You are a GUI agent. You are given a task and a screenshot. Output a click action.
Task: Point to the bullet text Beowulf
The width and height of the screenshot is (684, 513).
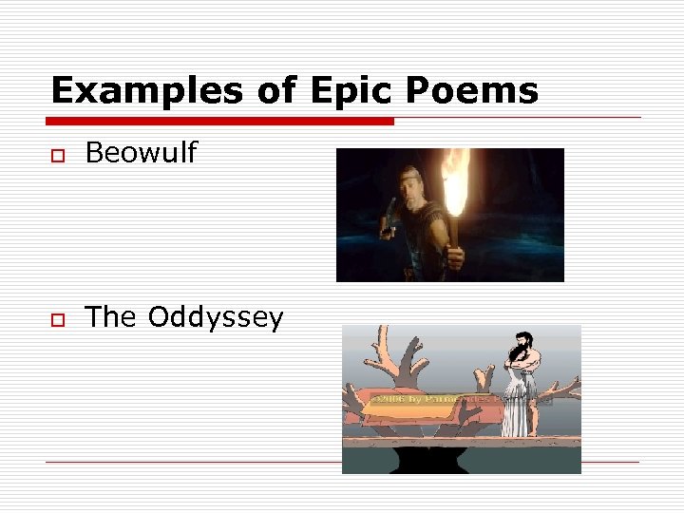141,153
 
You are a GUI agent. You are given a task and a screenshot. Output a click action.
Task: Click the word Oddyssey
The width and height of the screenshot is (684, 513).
216,317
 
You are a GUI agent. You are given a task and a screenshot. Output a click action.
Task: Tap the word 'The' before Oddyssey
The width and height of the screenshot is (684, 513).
111,317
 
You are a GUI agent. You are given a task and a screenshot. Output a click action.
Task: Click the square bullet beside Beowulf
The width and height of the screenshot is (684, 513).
58,155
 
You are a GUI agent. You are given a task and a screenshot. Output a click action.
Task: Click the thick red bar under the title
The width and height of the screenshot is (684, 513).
220,122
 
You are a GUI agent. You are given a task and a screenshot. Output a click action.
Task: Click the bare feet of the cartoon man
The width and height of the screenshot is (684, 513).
518,435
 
